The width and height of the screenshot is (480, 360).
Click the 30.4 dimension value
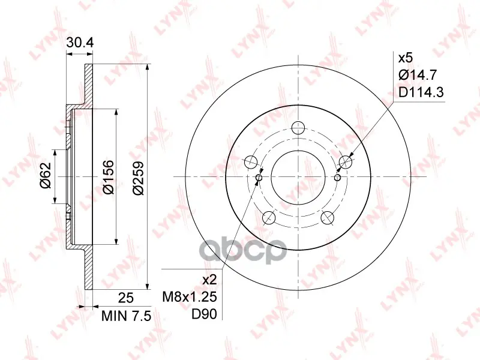tap(80, 43)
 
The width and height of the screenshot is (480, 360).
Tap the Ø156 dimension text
tap(108, 177)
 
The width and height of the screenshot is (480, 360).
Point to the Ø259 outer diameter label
tap(139, 177)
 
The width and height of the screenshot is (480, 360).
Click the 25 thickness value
tap(126, 298)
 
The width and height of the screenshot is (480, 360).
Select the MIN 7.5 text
tap(126, 316)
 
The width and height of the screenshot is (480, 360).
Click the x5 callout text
tap(406, 58)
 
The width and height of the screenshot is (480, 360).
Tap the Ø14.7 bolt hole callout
tap(418, 75)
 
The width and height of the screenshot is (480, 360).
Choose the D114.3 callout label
tap(421, 92)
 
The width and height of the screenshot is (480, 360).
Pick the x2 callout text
tap(210, 280)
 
